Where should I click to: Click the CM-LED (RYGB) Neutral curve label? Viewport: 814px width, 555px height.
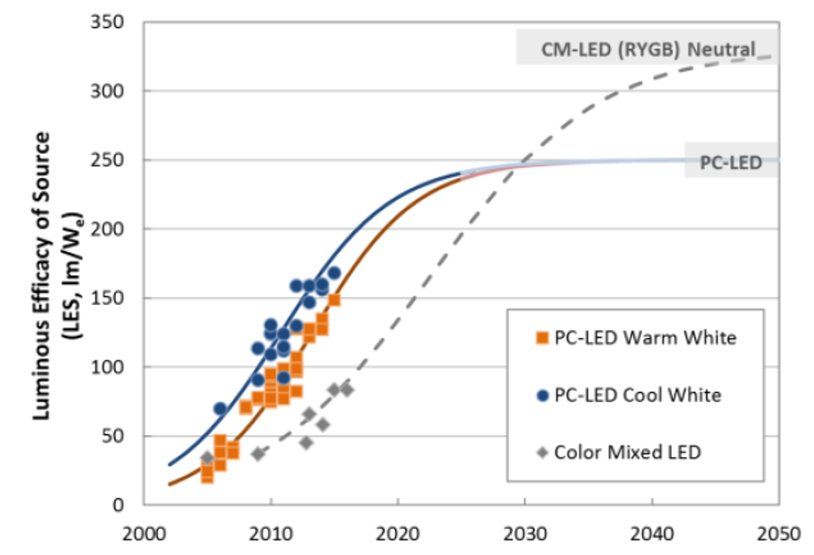pyautogui.click(x=648, y=49)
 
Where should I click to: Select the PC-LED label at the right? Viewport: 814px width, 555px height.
pyautogui.click(x=730, y=163)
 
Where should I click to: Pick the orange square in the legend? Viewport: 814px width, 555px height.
pyautogui.click(x=541, y=338)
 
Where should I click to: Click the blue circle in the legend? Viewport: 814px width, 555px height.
pyautogui.click(x=541, y=395)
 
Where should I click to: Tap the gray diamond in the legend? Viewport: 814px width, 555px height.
pyautogui.click(x=541, y=452)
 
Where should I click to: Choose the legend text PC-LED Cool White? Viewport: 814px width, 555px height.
pyautogui.click(x=638, y=395)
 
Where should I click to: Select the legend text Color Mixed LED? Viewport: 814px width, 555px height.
pyautogui.click(x=628, y=452)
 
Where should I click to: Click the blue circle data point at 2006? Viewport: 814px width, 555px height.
pyautogui.click(x=220, y=408)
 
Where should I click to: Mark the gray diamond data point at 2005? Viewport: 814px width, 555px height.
pyautogui.click(x=207, y=458)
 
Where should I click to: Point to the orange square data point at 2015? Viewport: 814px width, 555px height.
pyautogui.click(x=334, y=300)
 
